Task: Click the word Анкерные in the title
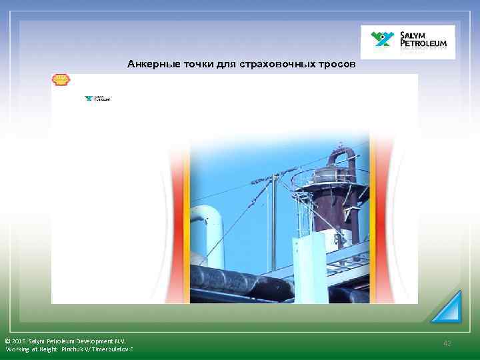[x=148, y=65]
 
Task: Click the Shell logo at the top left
[x=61, y=81]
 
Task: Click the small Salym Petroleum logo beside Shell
[x=97, y=99]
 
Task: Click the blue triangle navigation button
[x=448, y=307]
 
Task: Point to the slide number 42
[x=447, y=343]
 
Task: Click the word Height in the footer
[x=48, y=349]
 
